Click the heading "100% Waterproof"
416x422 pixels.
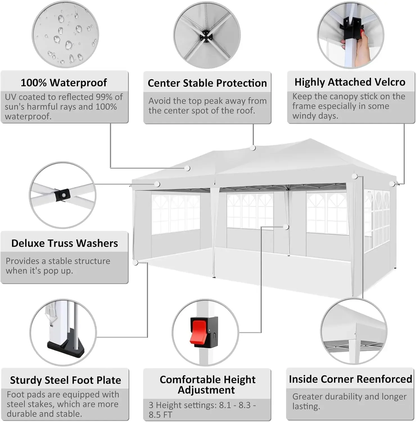[x=64, y=83]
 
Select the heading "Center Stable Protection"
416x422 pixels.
[x=207, y=83]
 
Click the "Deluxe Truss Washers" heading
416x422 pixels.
[x=65, y=243]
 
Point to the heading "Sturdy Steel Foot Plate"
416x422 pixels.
[x=65, y=380]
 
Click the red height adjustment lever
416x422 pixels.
[x=200, y=333]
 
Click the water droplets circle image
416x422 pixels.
[x=65, y=34]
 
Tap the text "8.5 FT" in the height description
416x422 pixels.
[x=160, y=415]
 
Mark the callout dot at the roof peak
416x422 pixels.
[x=253, y=148]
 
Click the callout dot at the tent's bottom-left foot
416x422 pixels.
[x=135, y=263]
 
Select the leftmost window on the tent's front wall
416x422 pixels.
[x=176, y=214]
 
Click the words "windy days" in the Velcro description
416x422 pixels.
[x=315, y=116]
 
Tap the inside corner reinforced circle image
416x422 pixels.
[x=354, y=332]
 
